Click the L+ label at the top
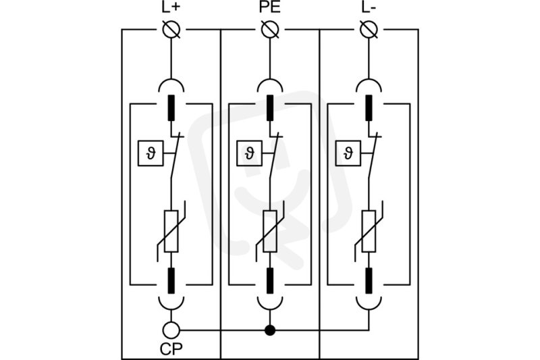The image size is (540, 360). pyautogui.click(x=171, y=7)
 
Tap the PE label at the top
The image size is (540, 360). pyautogui.click(x=270, y=7)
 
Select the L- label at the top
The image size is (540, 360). pyautogui.click(x=369, y=7)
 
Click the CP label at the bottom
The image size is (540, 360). pyautogui.click(x=171, y=349)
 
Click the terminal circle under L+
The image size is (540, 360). pyautogui.click(x=171, y=30)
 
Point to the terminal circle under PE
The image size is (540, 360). pyautogui.click(x=270, y=30)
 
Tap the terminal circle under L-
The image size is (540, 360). pyautogui.click(x=369, y=30)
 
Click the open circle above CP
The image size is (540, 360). pyautogui.click(x=171, y=330)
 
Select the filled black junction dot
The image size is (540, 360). pyautogui.click(x=270, y=330)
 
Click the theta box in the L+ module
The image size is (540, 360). pyautogui.click(x=151, y=153)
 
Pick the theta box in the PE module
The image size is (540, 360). pyautogui.click(x=249, y=153)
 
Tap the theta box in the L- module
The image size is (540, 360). pyautogui.click(x=348, y=153)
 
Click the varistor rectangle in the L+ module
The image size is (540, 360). pyautogui.click(x=171, y=231)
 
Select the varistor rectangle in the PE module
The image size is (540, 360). pyautogui.click(x=270, y=231)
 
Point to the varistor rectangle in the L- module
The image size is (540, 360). pyautogui.click(x=369, y=231)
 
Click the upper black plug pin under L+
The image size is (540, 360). pyautogui.click(x=171, y=108)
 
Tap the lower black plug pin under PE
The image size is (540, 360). pyautogui.click(x=270, y=281)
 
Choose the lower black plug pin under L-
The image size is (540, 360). pyautogui.click(x=369, y=281)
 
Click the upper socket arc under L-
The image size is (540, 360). pyautogui.click(x=369, y=80)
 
